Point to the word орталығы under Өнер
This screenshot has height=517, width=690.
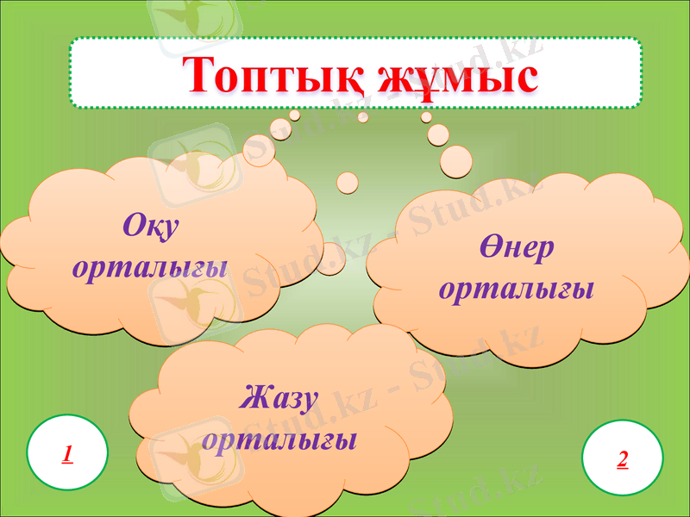coord(516,289)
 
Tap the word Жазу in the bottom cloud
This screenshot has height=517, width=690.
coord(280,400)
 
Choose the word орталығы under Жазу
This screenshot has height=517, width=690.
coord(280,439)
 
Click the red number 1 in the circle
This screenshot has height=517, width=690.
coord(67,453)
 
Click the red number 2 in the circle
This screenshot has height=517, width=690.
coord(623,458)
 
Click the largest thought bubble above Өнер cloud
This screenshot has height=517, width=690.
coord(456,159)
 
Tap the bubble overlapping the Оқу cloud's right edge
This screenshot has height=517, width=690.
coord(330,258)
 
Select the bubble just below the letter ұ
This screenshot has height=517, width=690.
coord(426,116)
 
